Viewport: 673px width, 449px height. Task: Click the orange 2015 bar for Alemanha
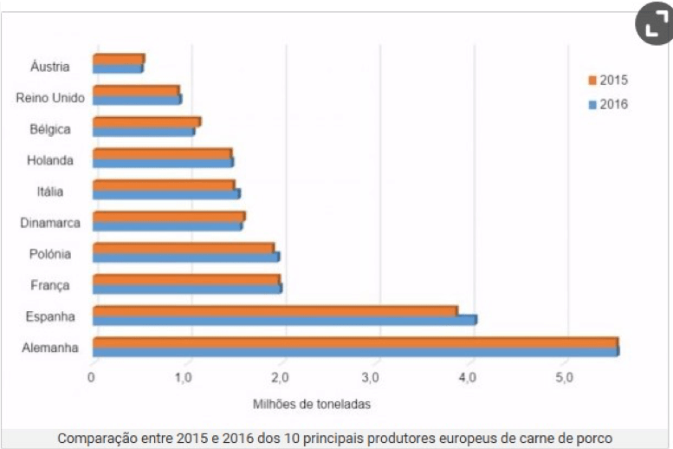click(355, 342)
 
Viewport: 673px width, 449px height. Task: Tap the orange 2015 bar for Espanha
click(275, 310)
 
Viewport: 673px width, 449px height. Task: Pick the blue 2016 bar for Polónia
click(185, 257)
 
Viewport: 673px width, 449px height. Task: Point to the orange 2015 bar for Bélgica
click(146, 122)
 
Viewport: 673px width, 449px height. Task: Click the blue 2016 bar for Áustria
click(118, 68)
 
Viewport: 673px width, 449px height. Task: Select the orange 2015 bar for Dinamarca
click(168, 217)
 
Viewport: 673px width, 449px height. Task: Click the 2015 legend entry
click(607, 81)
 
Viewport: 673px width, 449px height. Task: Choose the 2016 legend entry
click(607, 104)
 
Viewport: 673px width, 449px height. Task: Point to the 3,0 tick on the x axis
click(375, 378)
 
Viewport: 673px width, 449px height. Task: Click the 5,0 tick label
click(564, 378)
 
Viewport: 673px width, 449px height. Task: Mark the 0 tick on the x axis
click(92, 378)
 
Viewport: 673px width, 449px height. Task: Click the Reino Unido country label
click(50, 98)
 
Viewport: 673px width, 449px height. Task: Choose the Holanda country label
click(49, 160)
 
